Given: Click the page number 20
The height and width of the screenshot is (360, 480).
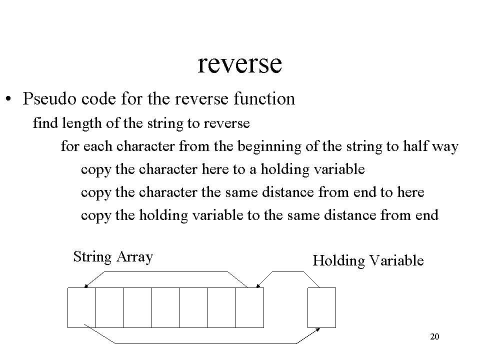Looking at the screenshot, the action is (434, 336).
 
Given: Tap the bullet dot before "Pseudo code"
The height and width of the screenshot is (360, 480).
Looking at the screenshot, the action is (8, 99).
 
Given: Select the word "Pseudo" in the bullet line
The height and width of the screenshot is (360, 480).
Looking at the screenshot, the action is (49, 98).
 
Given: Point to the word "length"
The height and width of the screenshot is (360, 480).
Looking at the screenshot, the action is (81, 123).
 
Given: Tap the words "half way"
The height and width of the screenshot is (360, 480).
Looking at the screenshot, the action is (430, 146).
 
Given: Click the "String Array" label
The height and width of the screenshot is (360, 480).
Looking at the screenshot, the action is (113, 257).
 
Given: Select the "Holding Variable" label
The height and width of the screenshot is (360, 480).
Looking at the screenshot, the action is (368, 261).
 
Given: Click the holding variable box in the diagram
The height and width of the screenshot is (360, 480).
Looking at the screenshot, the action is (321, 307).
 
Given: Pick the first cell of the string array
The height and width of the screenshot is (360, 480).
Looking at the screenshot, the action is (81, 307).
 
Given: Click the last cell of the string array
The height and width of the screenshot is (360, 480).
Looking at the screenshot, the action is (250, 307).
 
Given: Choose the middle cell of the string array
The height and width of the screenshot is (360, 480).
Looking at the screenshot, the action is (165, 307).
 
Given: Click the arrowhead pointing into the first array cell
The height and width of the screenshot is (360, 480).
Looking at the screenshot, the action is (85, 286).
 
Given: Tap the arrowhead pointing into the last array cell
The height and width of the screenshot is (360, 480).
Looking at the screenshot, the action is (258, 286).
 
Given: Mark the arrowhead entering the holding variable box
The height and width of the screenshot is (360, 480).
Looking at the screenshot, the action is (318, 329).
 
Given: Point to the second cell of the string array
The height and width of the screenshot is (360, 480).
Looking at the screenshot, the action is (110, 307).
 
